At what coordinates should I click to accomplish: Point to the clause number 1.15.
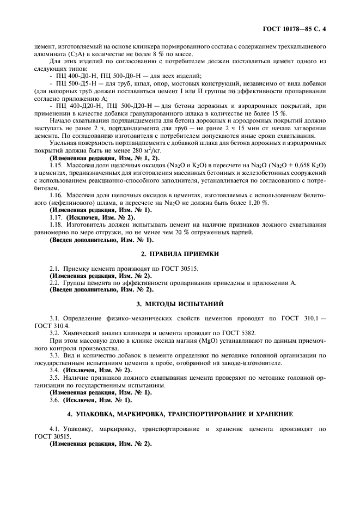(x=56, y=164)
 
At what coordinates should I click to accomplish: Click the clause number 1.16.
(x=56, y=195)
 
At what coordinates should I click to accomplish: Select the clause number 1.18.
(x=56, y=224)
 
